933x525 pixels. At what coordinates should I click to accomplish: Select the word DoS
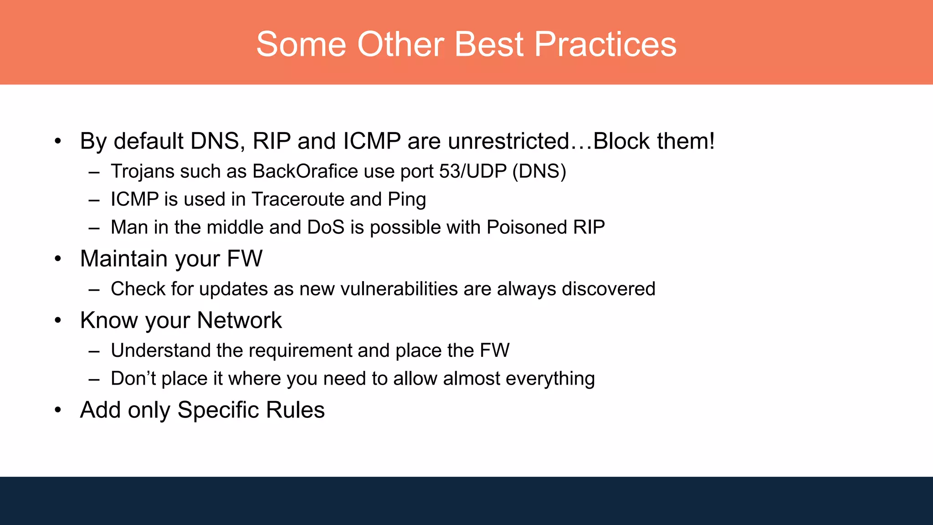point(326,227)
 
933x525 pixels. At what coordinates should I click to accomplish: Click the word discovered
point(608,289)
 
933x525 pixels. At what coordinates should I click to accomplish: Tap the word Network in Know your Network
point(239,320)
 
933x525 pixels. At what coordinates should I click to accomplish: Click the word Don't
point(133,379)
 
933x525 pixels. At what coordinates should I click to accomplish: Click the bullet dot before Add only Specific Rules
point(57,410)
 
